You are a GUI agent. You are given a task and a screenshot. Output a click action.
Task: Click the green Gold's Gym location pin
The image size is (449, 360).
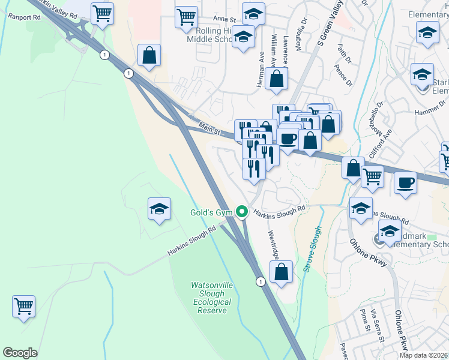coord(242,212)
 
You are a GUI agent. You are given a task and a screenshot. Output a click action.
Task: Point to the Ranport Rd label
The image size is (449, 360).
coord(24,17)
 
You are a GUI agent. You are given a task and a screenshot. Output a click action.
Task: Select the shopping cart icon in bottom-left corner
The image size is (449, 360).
coord(23,306)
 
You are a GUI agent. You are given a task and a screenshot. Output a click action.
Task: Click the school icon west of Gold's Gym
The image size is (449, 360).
coord(159,209)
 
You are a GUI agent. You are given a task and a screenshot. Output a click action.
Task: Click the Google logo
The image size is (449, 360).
coord(20,353)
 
